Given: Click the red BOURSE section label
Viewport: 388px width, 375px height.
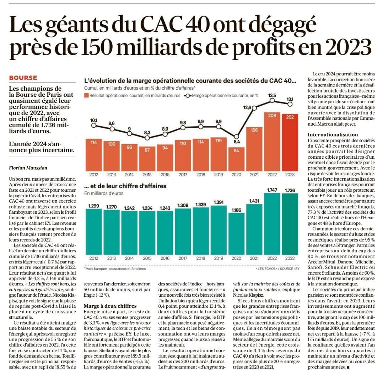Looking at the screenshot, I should (23, 78).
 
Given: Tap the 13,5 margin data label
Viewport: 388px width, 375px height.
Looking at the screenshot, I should (272, 95).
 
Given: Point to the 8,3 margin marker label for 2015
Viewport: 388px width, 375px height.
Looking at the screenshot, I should (147, 132).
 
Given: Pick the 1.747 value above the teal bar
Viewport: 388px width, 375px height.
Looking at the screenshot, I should (272, 190).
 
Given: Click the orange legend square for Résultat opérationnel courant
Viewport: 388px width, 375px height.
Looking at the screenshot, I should (86, 95).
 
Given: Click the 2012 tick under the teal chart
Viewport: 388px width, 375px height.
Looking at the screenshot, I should (93, 258).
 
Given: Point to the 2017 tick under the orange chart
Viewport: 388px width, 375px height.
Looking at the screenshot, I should (183, 174).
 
